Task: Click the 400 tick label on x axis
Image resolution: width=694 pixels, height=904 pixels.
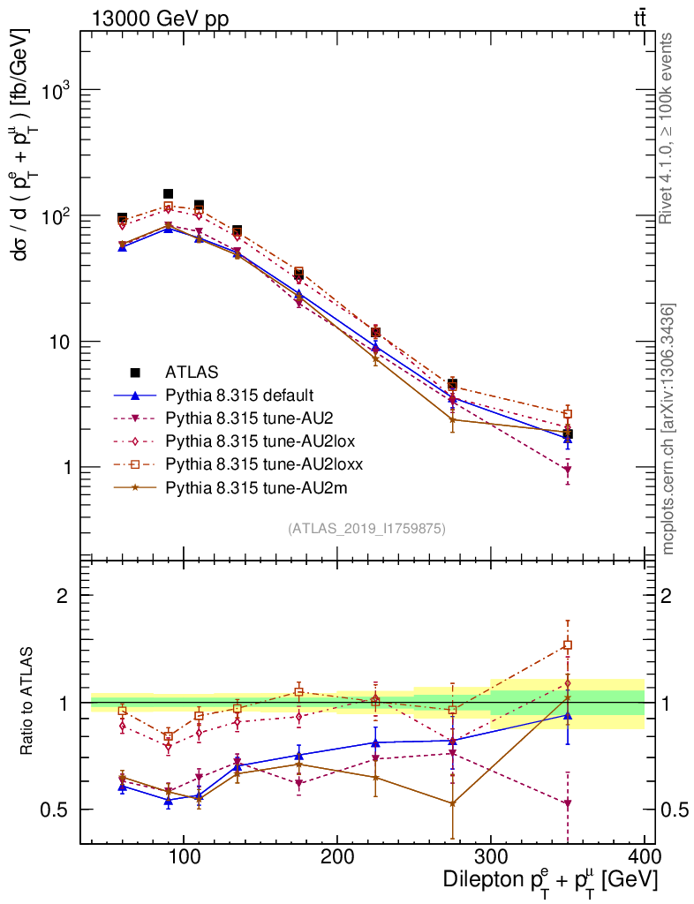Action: pos(645,856)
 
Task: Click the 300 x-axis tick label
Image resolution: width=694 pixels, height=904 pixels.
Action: pos(491,856)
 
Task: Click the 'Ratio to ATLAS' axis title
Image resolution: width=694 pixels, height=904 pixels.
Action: pos(27,702)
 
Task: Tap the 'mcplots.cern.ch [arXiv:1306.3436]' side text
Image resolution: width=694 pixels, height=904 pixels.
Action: pos(670,429)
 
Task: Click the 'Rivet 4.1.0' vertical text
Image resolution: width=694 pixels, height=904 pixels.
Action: pos(668,128)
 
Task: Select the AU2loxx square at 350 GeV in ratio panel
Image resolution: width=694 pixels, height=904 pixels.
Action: pos(568,645)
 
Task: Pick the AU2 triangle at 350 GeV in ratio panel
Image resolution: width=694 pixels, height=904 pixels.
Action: pos(568,803)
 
